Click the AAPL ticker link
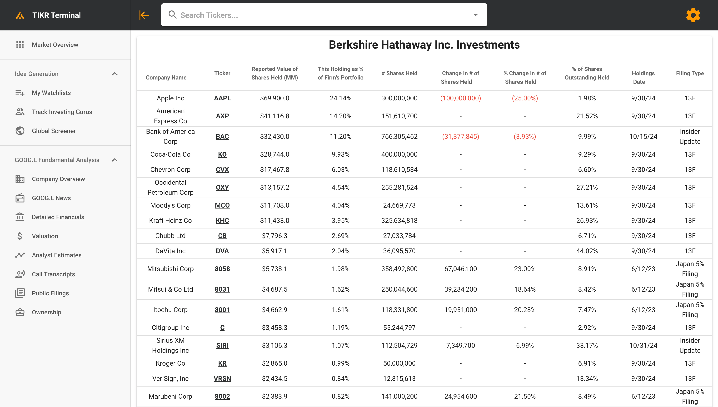pyautogui.click(x=222, y=98)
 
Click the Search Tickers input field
pyautogui.click(x=322, y=15)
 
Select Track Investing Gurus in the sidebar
pyautogui.click(x=62, y=112)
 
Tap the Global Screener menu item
pyautogui.click(x=54, y=131)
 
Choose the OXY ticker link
pyautogui.click(x=222, y=187)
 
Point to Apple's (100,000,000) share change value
pyautogui.click(x=461, y=98)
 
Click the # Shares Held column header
pyautogui.click(x=399, y=73)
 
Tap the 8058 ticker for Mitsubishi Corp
pyautogui.click(x=222, y=269)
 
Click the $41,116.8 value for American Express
pyautogui.click(x=275, y=116)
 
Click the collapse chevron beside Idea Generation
pyautogui.click(x=115, y=74)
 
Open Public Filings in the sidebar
pyautogui.click(x=50, y=293)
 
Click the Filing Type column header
pyautogui.click(x=690, y=73)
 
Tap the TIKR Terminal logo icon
pyautogui.click(x=20, y=15)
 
